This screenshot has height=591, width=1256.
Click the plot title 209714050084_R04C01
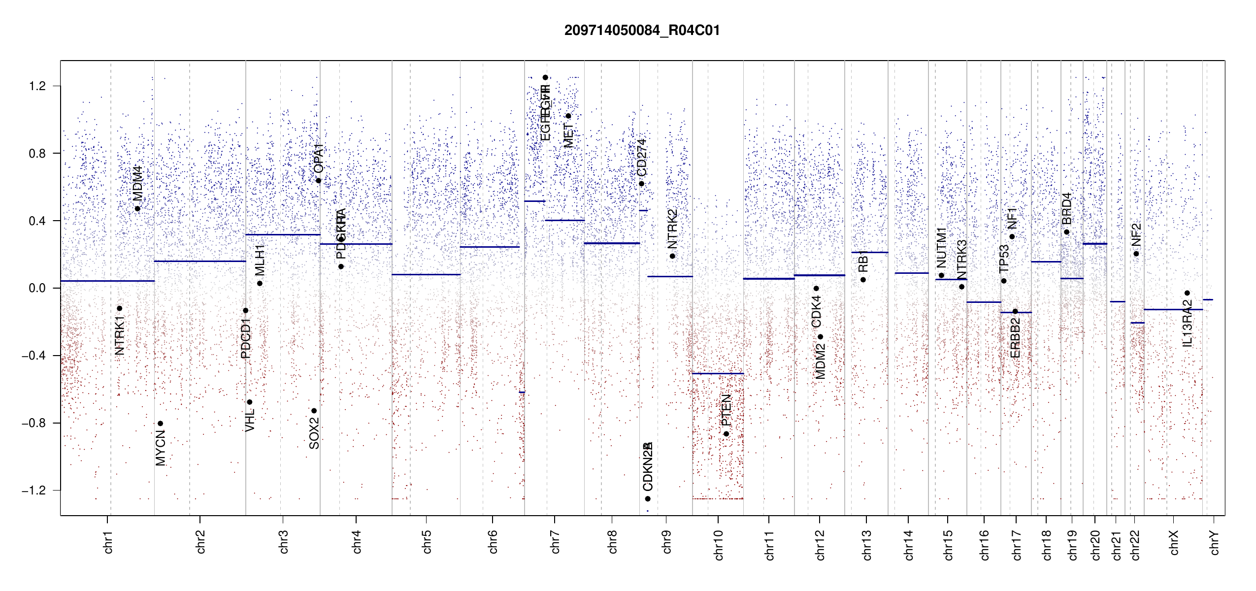(642, 31)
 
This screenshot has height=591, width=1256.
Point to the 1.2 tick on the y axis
(37, 86)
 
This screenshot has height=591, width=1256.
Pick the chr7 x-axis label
(555, 542)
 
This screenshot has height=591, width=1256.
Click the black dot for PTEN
(726, 434)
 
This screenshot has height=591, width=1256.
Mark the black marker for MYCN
(160, 424)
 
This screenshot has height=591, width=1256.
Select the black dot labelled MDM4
(137, 209)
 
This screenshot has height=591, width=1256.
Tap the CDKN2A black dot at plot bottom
(648, 499)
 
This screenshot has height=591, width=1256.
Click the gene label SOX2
(314, 433)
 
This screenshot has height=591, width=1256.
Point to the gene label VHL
(250, 420)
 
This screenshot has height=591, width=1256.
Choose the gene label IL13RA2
(1188, 323)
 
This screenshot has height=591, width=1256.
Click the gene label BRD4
(1066, 208)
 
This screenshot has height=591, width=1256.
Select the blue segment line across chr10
(718, 373)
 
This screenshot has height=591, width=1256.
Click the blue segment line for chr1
(107, 281)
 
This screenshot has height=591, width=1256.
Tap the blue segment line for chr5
(426, 274)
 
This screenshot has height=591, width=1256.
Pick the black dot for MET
(568, 116)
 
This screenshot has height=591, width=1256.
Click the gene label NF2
(1136, 235)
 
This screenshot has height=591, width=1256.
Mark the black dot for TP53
(1004, 281)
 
